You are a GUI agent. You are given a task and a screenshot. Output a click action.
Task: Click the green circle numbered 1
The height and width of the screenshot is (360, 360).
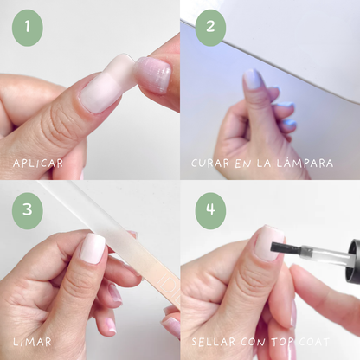pos(28,28)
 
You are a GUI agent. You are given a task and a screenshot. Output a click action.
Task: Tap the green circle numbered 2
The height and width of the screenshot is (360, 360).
pos(210,28)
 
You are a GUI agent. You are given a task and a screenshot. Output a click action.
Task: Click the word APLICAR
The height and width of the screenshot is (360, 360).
pos(38,164)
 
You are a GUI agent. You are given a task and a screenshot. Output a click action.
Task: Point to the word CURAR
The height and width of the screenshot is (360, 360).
pos(210,164)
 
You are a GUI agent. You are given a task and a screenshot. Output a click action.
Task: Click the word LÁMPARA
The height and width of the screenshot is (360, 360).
pos(305,163)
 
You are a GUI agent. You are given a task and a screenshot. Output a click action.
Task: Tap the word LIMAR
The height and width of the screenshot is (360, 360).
pos(32,342)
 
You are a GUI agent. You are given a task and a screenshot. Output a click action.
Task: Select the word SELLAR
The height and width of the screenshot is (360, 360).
pos(214,342)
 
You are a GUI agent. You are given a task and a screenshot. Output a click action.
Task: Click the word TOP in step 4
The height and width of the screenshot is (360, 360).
pos(282,342)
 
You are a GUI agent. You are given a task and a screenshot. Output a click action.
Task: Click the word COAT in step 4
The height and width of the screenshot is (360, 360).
pos(314,342)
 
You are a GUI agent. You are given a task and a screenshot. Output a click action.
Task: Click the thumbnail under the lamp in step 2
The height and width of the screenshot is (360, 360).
pos(252,80)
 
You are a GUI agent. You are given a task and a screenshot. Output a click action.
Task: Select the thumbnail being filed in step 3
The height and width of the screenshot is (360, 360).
pos(93,248)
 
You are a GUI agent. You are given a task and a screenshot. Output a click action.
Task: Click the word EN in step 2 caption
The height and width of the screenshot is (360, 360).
pos(242,164)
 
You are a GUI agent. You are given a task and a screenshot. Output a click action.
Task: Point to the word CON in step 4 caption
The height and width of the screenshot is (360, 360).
pos(253,342)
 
